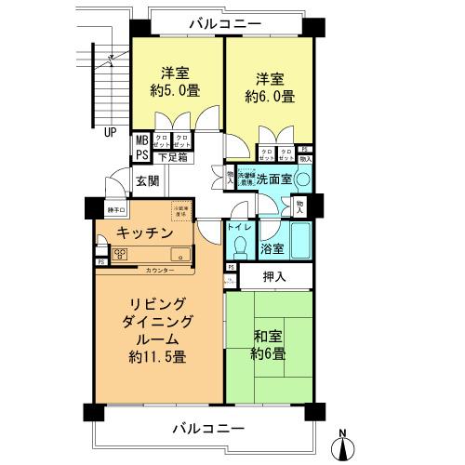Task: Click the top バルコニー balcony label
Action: pyautogui.click(x=223, y=23)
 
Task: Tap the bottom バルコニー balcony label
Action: pyautogui.click(x=209, y=429)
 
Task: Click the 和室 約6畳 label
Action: pyautogui.click(x=268, y=345)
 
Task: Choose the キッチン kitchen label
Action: pyautogui.click(x=145, y=233)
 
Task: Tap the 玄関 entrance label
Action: pyautogui.click(x=146, y=180)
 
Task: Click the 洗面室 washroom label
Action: pyautogui.click(x=274, y=178)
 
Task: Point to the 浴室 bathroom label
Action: pyautogui.click(x=272, y=249)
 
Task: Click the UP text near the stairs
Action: pyautogui.click(x=111, y=131)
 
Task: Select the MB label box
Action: pyautogui.click(x=141, y=140)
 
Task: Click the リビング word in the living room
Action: pyautogui.click(x=159, y=304)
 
